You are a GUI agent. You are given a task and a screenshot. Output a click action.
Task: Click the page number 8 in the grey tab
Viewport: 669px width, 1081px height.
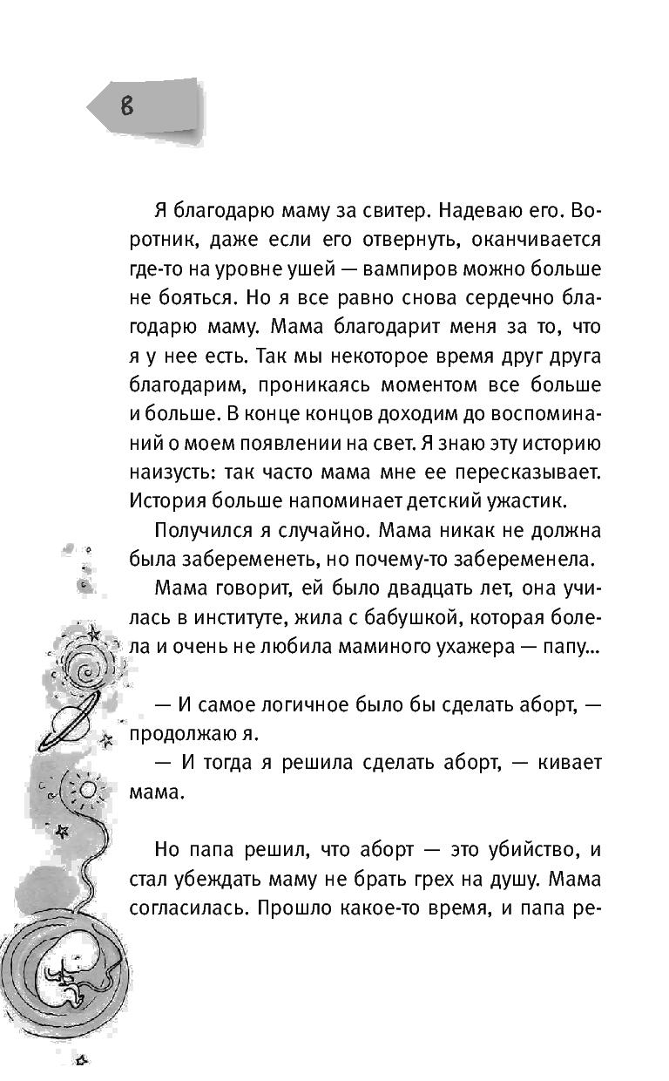pyautogui.click(x=127, y=106)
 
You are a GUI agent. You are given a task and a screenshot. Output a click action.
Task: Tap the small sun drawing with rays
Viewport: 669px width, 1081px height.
pyautogui.click(x=86, y=789)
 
